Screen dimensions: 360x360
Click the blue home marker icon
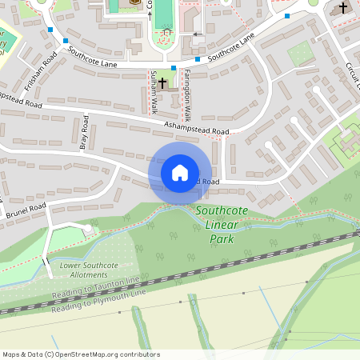click(180, 173)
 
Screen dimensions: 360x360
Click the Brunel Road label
click(26, 211)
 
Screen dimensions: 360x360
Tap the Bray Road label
click(83, 133)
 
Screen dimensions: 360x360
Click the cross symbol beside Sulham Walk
click(162, 82)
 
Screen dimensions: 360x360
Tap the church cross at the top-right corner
click(343, 9)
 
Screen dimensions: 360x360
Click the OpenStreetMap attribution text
click(81, 354)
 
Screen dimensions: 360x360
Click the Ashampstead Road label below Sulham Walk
click(197, 128)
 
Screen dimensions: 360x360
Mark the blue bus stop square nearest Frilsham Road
click(51, 30)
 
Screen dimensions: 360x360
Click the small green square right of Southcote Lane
click(300, 54)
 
